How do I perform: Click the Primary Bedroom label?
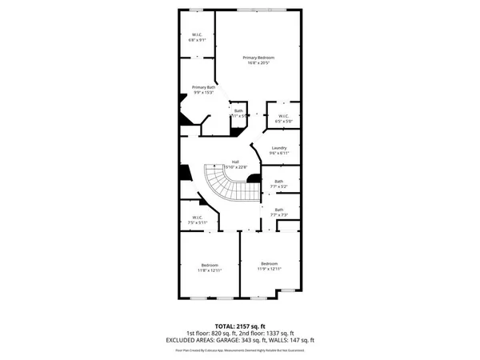coord(258,58)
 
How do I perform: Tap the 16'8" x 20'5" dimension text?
coord(258,64)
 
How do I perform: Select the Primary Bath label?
coord(203,86)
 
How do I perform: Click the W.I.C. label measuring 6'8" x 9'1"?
coord(196,34)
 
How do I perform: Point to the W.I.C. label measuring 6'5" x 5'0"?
coord(283,117)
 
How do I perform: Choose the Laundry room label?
coord(279,148)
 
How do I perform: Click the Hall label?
coord(235,162)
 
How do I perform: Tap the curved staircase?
coord(226,184)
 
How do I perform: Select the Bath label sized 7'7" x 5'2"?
coord(278,182)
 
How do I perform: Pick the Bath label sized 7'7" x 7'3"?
coord(278,210)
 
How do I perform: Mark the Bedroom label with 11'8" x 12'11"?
coord(210,265)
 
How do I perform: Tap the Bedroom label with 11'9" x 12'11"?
coord(269,264)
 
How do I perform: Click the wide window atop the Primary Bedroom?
coord(258,9)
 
